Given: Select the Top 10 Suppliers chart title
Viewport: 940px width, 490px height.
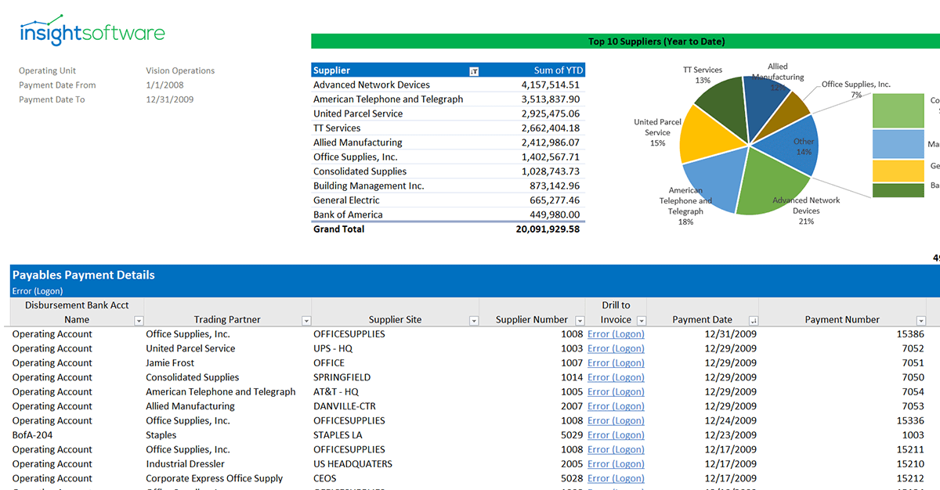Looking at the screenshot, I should tap(656, 41).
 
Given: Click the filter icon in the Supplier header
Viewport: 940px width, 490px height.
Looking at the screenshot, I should tap(474, 71).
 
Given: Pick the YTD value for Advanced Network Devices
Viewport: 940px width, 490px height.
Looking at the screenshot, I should tap(550, 85).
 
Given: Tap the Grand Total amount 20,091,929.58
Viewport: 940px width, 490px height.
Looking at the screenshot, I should tap(548, 229).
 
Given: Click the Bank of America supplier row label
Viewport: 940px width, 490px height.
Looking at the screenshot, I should tap(348, 214).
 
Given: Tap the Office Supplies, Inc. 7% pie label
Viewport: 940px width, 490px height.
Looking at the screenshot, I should tap(855, 89).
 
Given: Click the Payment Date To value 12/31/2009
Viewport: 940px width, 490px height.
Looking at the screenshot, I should tap(169, 99).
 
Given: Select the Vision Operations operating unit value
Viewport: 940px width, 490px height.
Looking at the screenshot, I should tap(180, 70).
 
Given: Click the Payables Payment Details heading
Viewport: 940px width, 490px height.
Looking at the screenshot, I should tap(84, 275).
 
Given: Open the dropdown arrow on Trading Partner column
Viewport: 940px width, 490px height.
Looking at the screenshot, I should tap(306, 321).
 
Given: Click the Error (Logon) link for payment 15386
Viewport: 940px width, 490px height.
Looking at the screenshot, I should tap(616, 334).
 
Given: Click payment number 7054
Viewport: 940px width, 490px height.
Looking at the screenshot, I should tap(913, 392).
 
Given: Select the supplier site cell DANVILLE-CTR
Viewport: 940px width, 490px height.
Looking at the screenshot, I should tap(345, 406).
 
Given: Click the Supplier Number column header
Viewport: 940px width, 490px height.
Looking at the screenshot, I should tap(532, 319).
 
